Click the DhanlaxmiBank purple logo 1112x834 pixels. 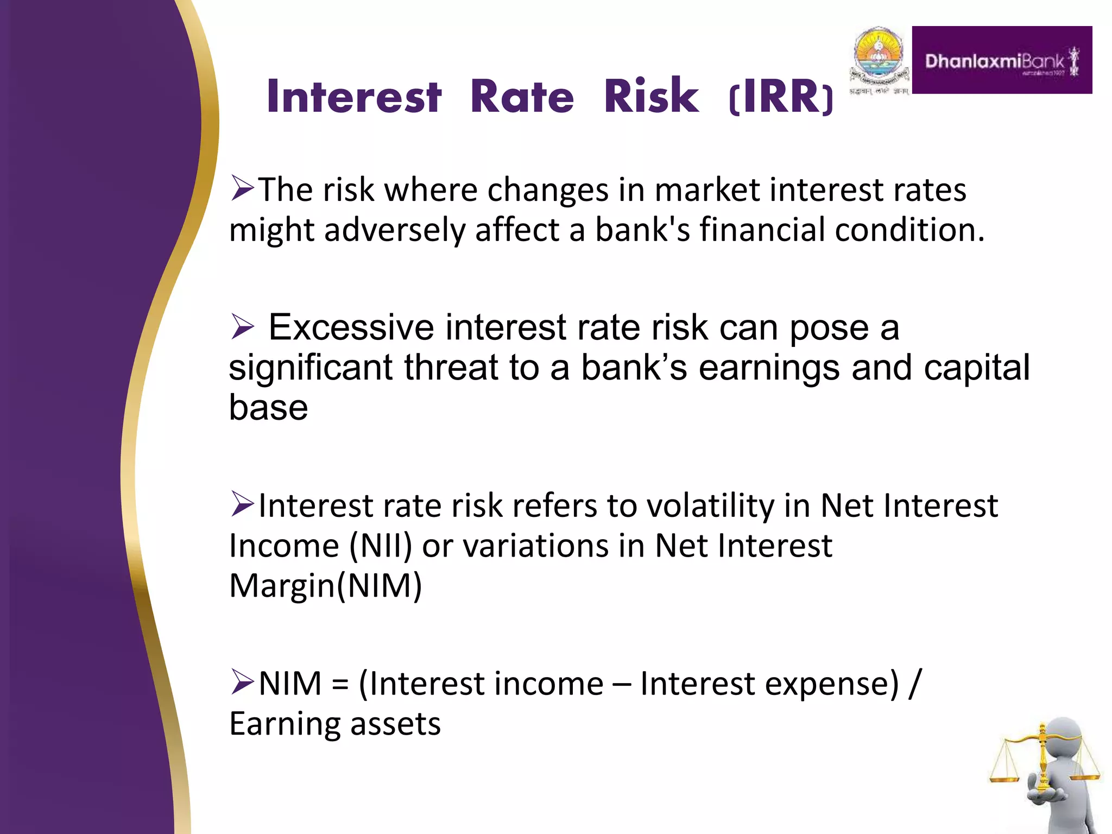coord(1001,60)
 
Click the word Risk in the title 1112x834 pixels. coord(652,97)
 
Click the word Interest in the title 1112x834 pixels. coord(354,97)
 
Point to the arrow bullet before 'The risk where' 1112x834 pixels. coord(242,188)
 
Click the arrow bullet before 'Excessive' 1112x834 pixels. coord(242,327)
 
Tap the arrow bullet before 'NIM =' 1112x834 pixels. coord(242,682)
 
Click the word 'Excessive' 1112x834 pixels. coord(351,328)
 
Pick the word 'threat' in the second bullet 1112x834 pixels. coord(451,368)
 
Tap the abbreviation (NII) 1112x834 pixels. coord(381,546)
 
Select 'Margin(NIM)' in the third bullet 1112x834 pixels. coord(325,586)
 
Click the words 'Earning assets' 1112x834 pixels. coord(334,724)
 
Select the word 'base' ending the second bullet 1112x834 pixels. coord(268,408)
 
